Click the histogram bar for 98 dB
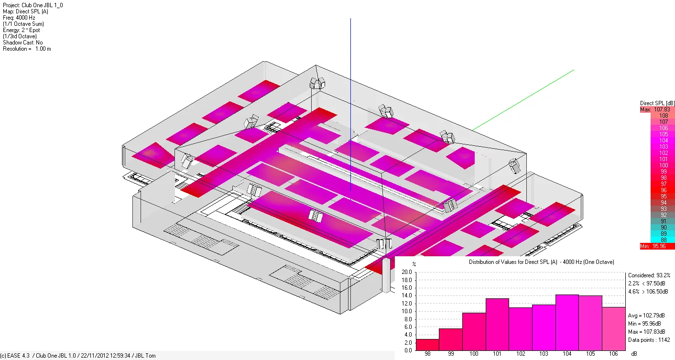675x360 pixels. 427,345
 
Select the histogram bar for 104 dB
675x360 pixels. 567,322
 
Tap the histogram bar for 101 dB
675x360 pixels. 497,325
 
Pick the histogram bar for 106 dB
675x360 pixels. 614,328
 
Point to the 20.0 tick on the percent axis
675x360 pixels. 406,272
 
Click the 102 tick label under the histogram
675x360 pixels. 521,354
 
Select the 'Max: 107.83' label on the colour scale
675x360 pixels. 655,109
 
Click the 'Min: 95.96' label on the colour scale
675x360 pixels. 653,246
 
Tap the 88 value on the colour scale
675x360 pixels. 664,240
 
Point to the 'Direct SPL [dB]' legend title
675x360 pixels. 657,103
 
